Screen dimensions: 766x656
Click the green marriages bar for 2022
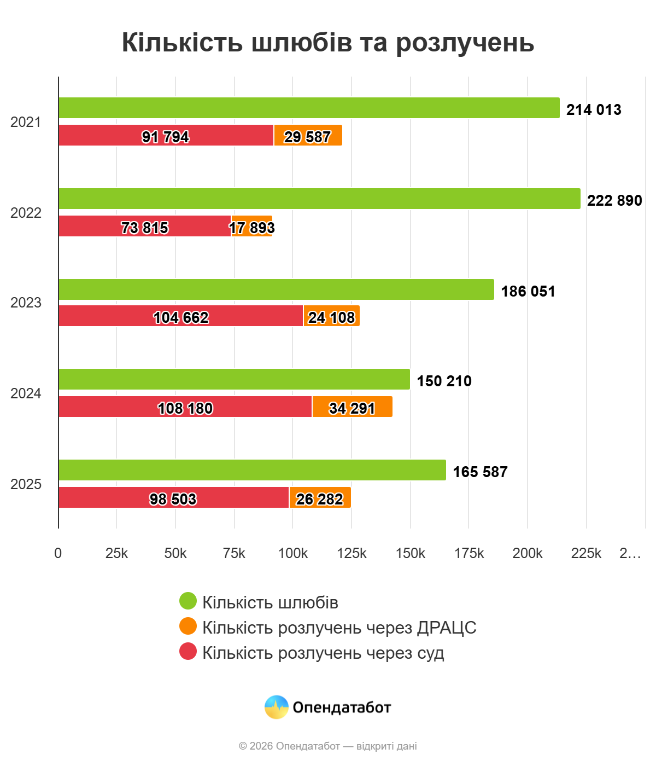pyautogui.click(x=319, y=199)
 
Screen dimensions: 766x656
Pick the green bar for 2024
pyautogui.click(x=234, y=379)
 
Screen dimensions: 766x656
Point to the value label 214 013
pyautogui.click(x=594, y=109)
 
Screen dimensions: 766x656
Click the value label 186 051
pyautogui.click(x=528, y=291)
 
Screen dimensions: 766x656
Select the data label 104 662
pyautogui.click(x=181, y=317)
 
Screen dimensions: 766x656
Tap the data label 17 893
pyautogui.click(x=251, y=228)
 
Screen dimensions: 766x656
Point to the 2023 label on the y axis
pyautogui.click(x=26, y=303)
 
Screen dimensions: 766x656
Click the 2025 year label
pyautogui.click(x=26, y=484)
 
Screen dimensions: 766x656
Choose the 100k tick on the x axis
pyautogui.click(x=292, y=554)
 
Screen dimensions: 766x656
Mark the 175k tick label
pyautogui.click(x=469, y=554)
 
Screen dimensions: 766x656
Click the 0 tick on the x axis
pyautogui.click(x=58, y=554)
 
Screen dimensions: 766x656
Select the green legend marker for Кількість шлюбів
pyautogui.click(x=188, y=601)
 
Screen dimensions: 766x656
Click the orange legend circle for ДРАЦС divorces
pyautogui.click(x=188, y=626)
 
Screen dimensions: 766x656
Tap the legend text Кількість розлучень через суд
pyautogui.click(x=323, y=653)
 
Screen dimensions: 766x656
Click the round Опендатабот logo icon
pyautogui.click(x=276, y=707)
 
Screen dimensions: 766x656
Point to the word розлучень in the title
pyautogui.click(x=465, y=43)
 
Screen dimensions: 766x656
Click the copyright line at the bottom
pyautogui.click(x=328, y=746)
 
